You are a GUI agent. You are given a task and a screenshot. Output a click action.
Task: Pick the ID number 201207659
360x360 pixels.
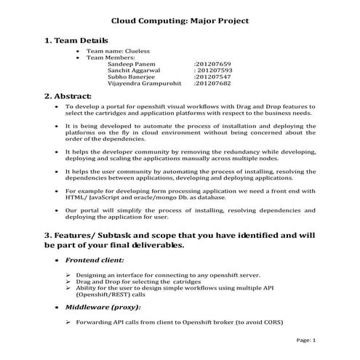(x=213, y=64)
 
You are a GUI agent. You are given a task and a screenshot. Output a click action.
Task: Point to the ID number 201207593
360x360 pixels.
(x=213, y=71)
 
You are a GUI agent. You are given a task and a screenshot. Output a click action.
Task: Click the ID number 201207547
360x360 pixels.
(x=213, y=77)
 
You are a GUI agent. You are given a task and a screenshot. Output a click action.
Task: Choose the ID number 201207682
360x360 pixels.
(x=213, y=84)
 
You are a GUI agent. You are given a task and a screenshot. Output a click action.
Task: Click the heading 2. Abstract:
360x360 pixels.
(x=68, y=96)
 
